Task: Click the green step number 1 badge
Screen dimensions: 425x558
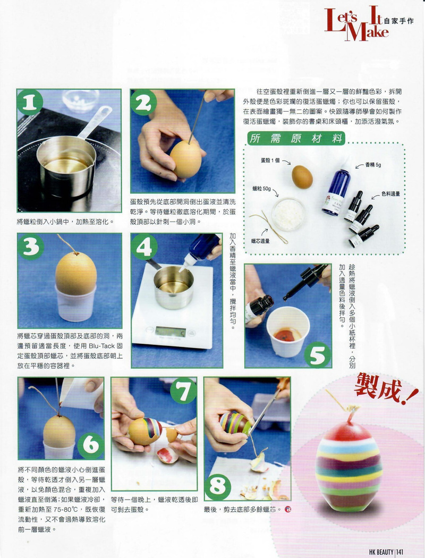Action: (30, 102)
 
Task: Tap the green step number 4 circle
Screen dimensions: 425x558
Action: (144, 246)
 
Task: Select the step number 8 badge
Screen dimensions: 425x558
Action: (218, 485)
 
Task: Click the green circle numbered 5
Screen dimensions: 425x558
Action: (318, 354)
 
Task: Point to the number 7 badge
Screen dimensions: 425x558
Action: (183, 391)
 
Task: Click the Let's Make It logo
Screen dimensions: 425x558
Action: (357, 24)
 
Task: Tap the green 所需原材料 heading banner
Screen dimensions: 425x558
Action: (296, 138)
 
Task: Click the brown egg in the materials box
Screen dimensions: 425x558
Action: (302, 177)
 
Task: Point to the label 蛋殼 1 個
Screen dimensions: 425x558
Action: (270, 160)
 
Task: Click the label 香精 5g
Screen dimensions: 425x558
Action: (373, 165)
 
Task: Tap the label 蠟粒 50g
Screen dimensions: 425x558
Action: (261, 189)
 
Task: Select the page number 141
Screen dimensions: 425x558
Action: (400, 552)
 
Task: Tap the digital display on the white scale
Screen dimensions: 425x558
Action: (171, 332)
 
